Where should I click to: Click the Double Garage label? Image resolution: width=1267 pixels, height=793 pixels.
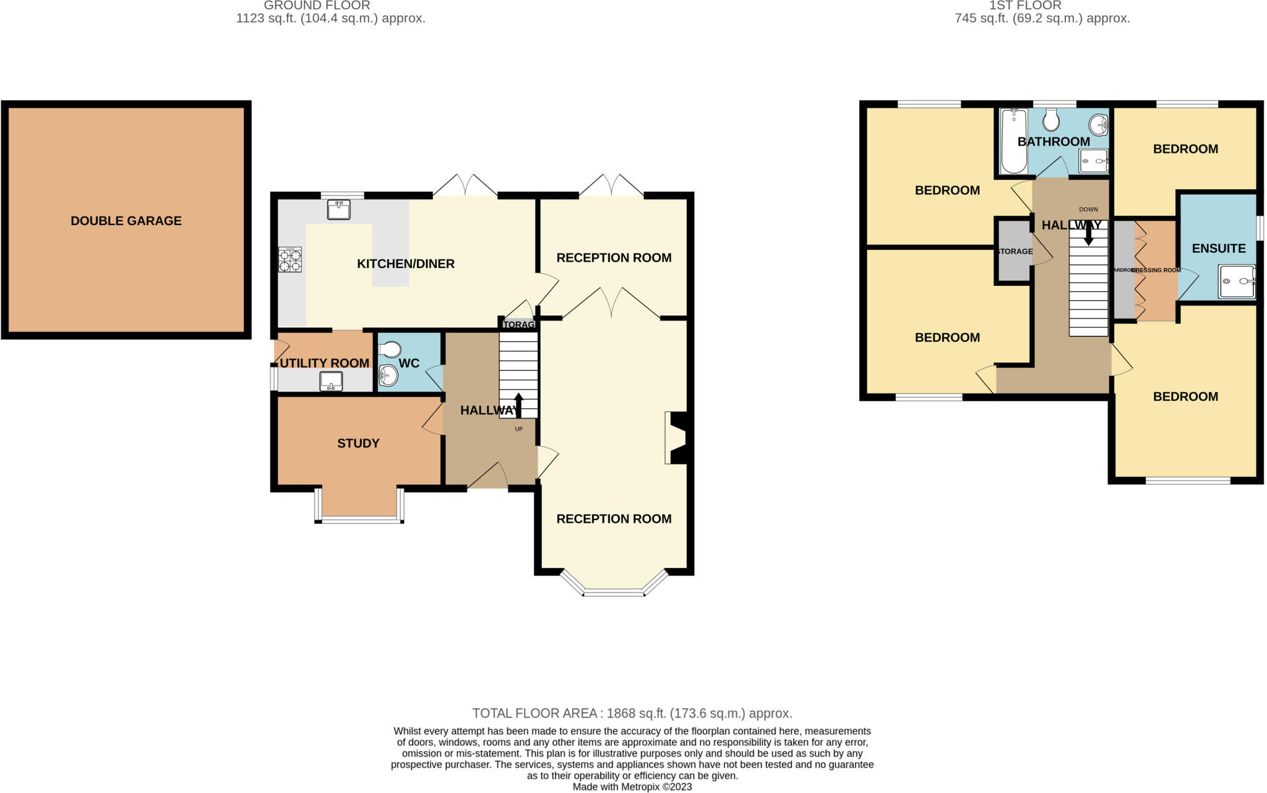pos(126,221)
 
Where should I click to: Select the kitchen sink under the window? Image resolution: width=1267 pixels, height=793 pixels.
pos(338,209)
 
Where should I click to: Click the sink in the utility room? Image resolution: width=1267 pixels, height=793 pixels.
pos(331,381)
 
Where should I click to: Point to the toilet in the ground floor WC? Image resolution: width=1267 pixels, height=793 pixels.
pos(389,351)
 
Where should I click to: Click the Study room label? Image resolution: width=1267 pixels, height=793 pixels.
pos(358,444)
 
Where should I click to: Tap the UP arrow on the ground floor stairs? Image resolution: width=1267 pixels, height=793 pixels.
pos(518,405)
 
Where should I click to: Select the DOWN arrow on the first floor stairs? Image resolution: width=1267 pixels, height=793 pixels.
pos(1089,234)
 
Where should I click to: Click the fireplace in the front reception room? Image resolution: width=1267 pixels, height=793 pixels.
pos(676,437)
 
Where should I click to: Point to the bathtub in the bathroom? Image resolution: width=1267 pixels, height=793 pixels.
pos(1013,142)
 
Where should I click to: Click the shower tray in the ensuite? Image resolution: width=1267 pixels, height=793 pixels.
pos(1237,281)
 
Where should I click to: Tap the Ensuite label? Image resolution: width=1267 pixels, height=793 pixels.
pos(1219,249)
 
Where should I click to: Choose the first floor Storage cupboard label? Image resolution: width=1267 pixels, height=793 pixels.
pos(1015,251)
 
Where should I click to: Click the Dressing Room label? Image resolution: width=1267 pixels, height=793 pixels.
pos(1156,270)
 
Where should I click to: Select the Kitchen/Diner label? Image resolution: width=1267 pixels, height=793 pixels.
pos(406,264)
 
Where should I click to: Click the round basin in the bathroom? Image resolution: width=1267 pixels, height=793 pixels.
pos(1098,125)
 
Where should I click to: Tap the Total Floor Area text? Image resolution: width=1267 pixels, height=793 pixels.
pos(632,713)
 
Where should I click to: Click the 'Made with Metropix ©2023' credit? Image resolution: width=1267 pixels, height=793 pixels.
pos(632,787)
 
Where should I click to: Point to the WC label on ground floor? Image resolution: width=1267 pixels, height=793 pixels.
pos(409,363)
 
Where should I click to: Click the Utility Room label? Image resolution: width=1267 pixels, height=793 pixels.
pos(324,363)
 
